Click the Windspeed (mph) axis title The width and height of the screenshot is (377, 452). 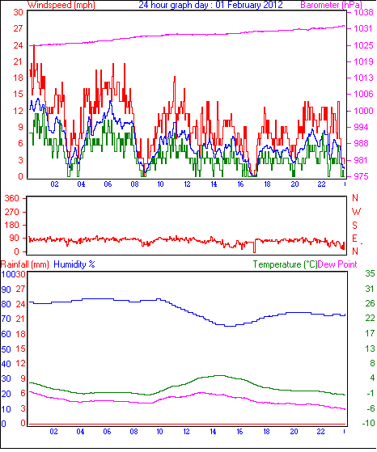(61, 5)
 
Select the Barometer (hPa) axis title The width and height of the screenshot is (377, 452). (331, 5)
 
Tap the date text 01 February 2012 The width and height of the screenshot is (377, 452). (249, 5)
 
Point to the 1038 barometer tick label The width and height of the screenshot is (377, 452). (363, 12)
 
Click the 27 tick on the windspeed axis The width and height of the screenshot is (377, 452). (18, 28)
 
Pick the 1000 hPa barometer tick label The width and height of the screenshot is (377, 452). (363, 111)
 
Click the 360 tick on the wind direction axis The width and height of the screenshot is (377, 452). (12, 198)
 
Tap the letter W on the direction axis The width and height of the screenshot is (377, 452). (356, 212)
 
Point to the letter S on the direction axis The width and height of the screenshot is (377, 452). (355, 225)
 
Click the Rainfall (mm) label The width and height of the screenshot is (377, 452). (25, 264)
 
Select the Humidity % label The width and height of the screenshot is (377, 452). (74, 264)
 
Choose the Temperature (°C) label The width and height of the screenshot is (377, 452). (285, 264)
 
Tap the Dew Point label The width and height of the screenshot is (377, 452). (337, 264)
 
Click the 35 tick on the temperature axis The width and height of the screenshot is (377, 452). (370, 273)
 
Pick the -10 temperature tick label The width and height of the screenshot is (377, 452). (368, 423)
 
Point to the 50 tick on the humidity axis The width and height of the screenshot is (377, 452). (6, 349)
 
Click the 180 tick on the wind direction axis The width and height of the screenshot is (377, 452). (12, 225)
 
